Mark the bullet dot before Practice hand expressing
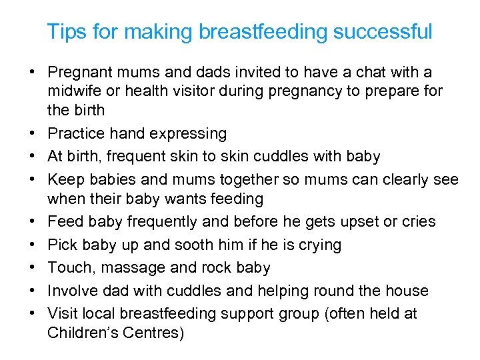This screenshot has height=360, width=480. click(32, 134)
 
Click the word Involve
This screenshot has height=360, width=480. click(73, 291)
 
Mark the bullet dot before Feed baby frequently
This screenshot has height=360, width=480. click(32, 222)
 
